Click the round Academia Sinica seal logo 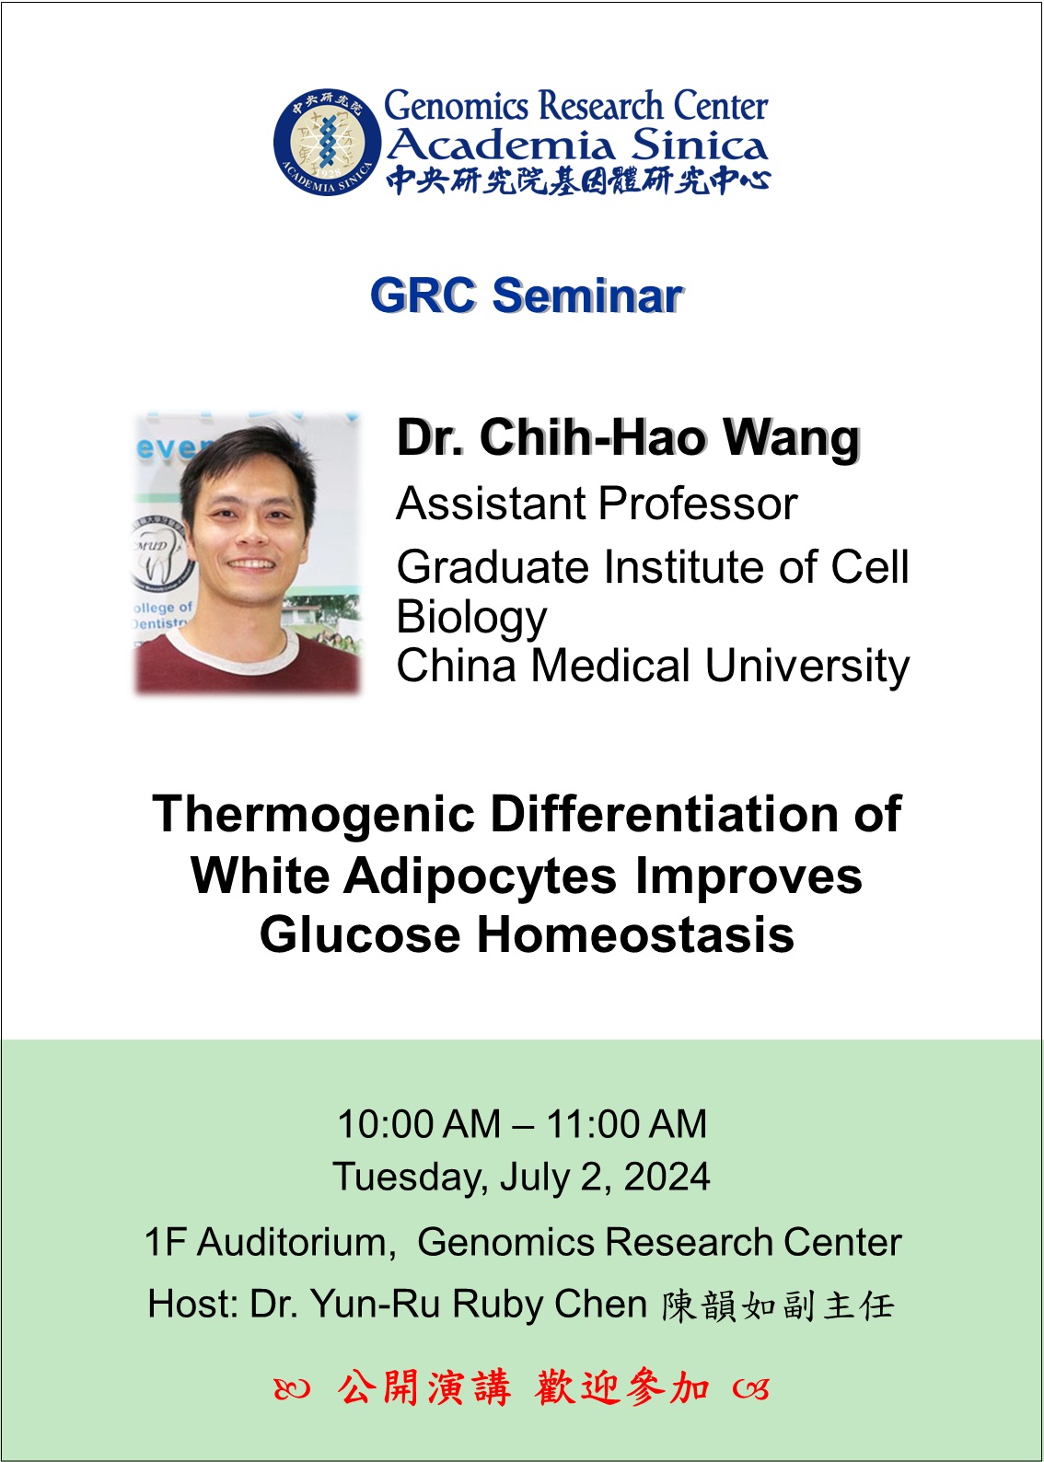(x=327, y=142)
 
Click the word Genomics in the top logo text (x=456, y=106)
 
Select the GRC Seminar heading (x=526, y=295)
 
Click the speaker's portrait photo (x=248, y=552)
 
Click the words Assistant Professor (x=597, y=504)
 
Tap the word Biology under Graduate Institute (x=471, y=618)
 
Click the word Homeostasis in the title (x=635, y=934)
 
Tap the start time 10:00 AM (x=419, y=1123)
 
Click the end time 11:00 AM (x=626, y=1123)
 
